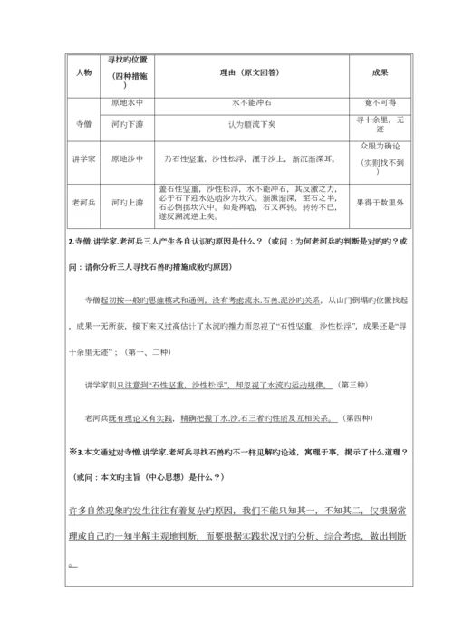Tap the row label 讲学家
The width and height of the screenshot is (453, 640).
click(83, 158)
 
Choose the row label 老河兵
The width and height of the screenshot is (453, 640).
click(83, 203)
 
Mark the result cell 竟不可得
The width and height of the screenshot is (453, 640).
click(381, 103)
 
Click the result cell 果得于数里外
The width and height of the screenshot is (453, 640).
click(381, 203)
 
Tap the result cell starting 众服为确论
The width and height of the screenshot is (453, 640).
click(381, 145)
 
